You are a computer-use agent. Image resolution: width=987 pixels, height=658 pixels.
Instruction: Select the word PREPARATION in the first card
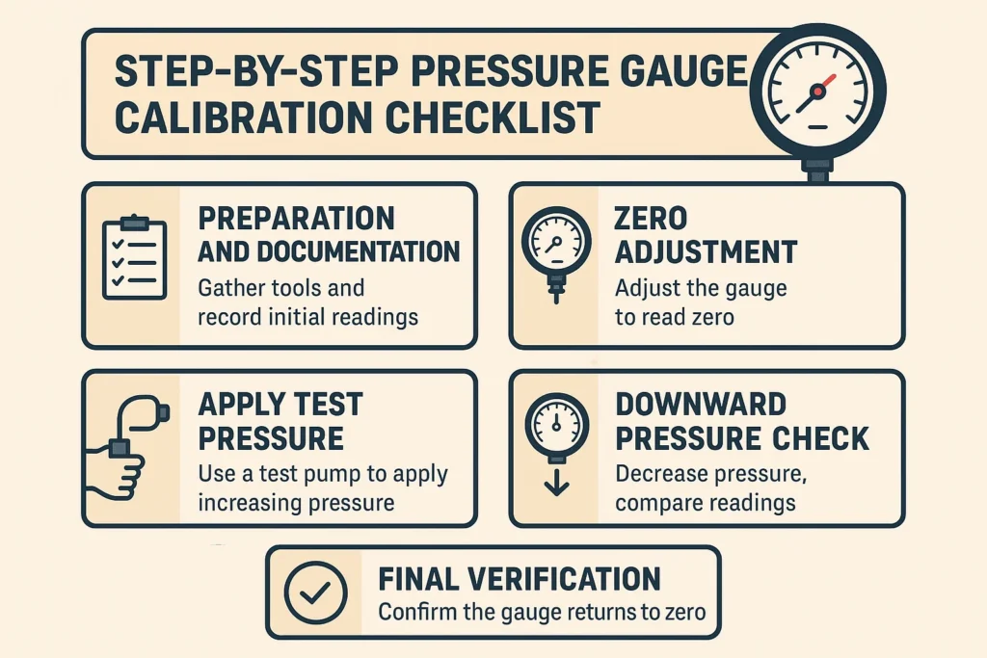pyautogui.click(x=296, y=219)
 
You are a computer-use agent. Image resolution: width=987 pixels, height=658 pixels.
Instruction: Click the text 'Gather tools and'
pyautogui.click(x=280, y=287)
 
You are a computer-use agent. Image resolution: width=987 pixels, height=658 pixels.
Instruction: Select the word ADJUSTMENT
pyautogui.click(x=706, y=252)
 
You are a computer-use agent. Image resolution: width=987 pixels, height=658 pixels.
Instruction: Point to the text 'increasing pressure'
pyautogui.click(x=296, y=503)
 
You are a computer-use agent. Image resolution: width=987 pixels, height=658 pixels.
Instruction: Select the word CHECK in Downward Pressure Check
pyautogui.click(x=825, y=438)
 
